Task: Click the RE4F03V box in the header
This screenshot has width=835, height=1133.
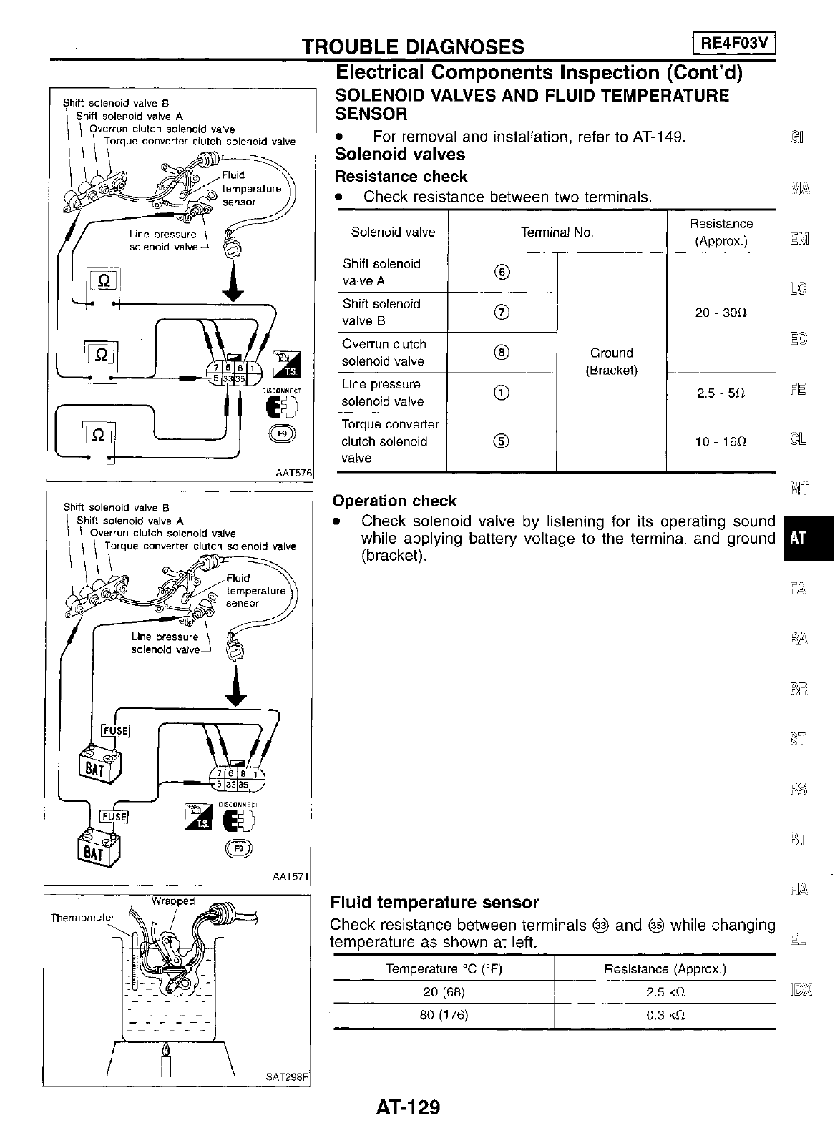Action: pos(735,44)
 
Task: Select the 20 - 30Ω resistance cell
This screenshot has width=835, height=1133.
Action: pos(721,313)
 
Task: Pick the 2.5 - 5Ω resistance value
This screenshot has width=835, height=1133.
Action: pos(721,393)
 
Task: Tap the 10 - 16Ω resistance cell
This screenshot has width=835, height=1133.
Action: pos(721,442)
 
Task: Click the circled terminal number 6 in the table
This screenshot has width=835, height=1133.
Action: pos(502,273)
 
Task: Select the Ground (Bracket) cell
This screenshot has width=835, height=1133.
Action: pos(611,361)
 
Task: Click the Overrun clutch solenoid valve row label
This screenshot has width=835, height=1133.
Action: pos(384,353)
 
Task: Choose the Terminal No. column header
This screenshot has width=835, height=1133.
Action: pos(557,232)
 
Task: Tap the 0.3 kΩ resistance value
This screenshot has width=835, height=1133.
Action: pos(665,1015)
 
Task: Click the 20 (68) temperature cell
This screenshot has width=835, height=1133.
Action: pos(444,992)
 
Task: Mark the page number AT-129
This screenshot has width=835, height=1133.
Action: pos(408,1107)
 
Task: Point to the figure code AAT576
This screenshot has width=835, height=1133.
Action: pos(294,472)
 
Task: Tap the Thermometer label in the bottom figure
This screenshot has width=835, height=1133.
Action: pos(82,917)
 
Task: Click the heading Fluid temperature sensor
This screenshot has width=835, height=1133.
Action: pos(434,903)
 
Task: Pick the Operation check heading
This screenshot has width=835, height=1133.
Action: pos(395,501)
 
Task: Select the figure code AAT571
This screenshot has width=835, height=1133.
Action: pos(292,877)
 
